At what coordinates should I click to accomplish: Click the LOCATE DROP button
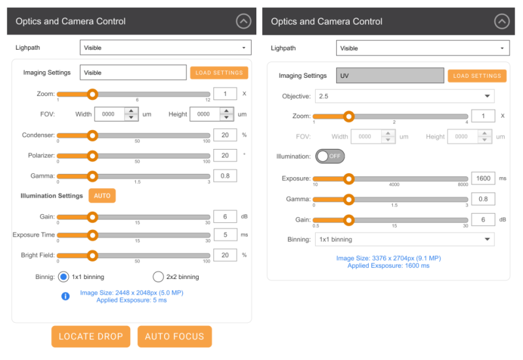(91, 336)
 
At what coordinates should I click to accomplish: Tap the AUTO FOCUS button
(175, 336)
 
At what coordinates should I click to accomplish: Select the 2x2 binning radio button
(158, 276)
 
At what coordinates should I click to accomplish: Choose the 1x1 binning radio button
(63, 276)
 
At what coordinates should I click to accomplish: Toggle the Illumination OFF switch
(330, 156)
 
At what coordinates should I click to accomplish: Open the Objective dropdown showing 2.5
(405, 96)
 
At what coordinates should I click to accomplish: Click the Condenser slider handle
(92, 135)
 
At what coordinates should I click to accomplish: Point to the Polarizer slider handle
(92, 156)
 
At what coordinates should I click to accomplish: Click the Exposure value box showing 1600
(483, 178)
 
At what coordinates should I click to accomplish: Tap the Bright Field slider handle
(92, 255)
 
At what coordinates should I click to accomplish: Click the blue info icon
(65, 296)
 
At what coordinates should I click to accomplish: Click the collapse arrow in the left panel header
(243, 22)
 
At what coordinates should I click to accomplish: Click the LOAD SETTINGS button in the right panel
(477, 76)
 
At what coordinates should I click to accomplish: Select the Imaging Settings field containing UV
(390, 76)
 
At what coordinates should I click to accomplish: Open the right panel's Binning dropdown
(405, 239)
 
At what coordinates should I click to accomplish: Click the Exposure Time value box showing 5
(225, 235)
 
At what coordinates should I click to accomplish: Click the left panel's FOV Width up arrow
(131, 110)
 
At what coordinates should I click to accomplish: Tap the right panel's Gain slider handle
(348, 220)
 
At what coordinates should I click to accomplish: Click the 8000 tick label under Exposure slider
(463, 185)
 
